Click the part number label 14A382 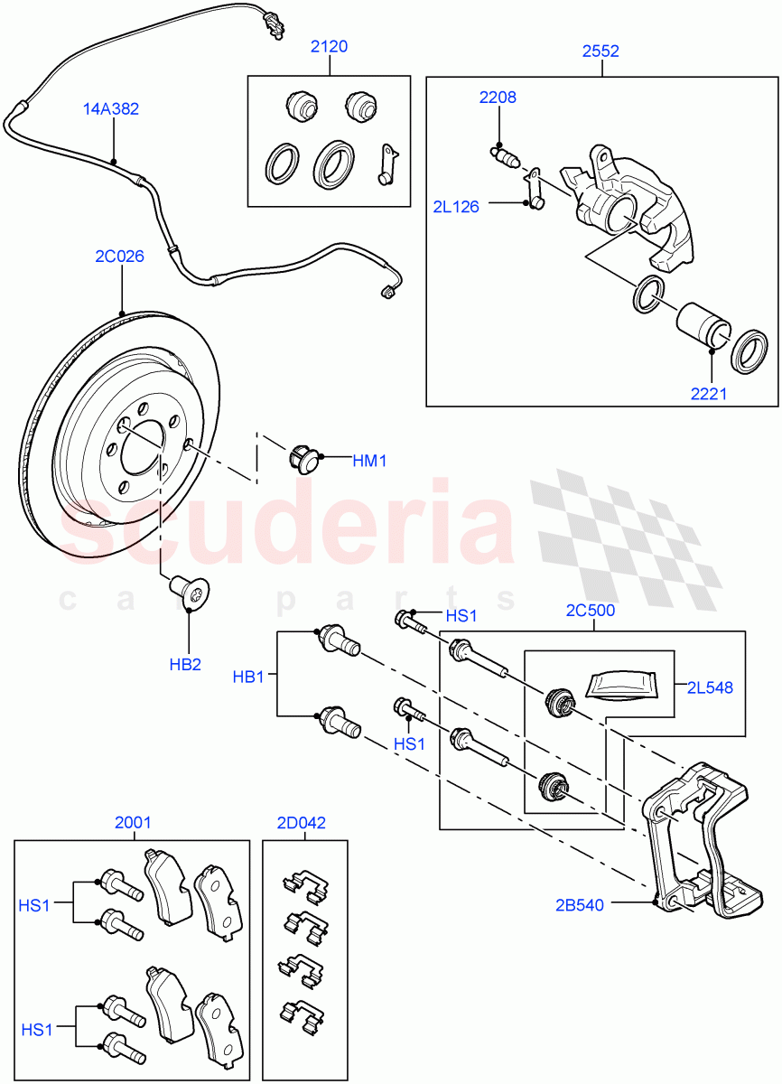113,109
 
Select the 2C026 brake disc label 119,257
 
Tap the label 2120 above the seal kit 329,47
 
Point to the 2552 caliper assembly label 600,51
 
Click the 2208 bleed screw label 498,98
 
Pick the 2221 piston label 710,394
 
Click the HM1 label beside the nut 369,461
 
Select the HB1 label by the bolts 248,677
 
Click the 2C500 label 591,611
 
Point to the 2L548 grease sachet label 709,688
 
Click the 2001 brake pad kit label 133,823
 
